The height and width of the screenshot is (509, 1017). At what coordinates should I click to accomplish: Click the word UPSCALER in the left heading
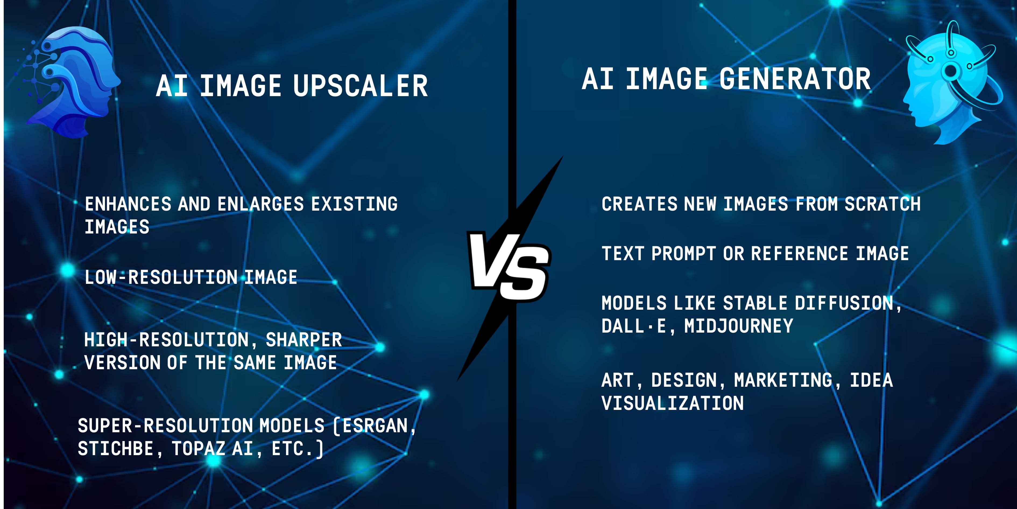[360, 86]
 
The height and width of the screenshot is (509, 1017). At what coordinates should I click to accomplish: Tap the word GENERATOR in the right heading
[794, 79]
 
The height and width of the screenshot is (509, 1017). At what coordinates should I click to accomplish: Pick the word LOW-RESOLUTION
[161, 277]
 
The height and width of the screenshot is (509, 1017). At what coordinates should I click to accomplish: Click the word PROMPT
[683, 254]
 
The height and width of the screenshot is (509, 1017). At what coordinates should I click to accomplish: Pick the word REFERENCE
[799, 254]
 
